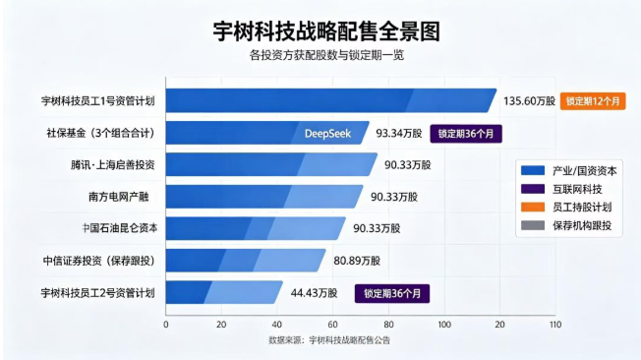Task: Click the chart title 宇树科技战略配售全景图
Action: coord(326,31)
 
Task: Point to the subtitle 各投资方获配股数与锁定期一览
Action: coord(326,55)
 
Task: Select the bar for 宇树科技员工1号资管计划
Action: coord(331,100)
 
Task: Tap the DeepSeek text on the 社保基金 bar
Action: coord(327,134)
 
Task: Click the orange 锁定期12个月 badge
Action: coord(593,101)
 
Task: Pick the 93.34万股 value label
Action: coord(399,134)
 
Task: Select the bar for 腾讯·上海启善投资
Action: coord(271,164)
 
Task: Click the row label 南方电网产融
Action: coord(119,197)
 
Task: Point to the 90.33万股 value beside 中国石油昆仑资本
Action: coord(377,228)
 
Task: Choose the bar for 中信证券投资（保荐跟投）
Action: coord(246,261)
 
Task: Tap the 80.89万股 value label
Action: coord(357,261)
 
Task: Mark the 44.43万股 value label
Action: coord(314,293)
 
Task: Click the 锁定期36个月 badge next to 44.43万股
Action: coord(392,294)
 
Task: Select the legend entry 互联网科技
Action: coord(577,189)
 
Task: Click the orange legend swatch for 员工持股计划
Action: coord(533,207)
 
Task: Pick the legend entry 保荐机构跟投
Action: coord(582,225)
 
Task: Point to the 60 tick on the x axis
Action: coord(332,325)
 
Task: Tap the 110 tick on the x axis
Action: coord(555,325)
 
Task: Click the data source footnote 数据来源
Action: coord(329,340)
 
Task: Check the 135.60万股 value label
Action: coord(529,101)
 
